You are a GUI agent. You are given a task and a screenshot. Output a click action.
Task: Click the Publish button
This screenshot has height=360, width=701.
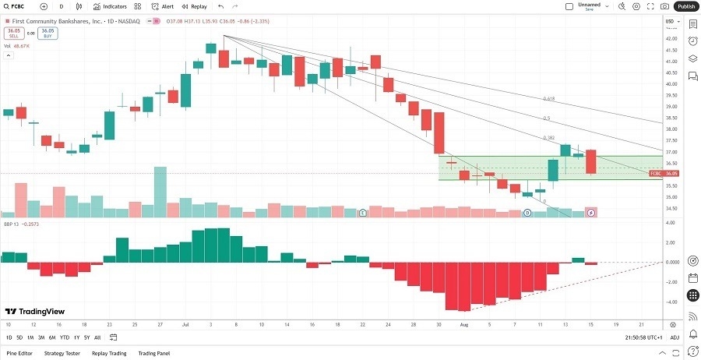point(685,6)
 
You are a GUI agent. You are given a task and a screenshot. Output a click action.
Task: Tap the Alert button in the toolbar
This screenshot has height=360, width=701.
point(163,6)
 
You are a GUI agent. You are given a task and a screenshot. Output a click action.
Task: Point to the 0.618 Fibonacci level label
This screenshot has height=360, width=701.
point(549,99)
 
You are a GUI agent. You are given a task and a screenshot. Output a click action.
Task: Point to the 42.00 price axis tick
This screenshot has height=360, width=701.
point(670,37)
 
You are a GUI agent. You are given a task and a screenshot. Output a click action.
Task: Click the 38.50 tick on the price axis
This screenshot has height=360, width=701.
point(670,118)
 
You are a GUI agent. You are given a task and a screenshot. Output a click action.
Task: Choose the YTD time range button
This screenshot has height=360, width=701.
point(65,337)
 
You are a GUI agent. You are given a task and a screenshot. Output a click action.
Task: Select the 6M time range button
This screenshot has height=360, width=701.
point(51,337)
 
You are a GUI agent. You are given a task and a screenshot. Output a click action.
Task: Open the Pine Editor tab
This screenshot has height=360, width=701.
point(18,353)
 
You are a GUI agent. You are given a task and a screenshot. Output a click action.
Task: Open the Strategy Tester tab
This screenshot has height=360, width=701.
point(63,353)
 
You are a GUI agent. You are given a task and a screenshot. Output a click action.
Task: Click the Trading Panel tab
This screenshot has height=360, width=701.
point(154,353)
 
